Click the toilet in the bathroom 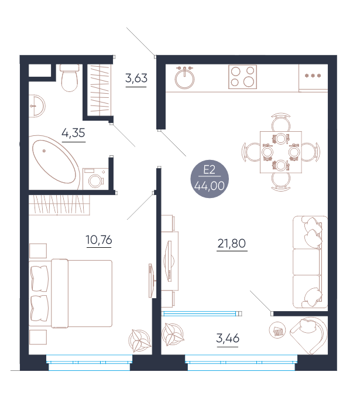69,78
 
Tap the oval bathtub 56,162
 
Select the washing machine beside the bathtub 95,179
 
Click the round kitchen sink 184,77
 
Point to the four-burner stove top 242,77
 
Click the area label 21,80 232,243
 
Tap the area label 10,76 99,240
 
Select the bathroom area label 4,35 73,133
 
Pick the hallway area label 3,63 136,78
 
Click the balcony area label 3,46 228,339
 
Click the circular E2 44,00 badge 210,179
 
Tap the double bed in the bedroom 71,294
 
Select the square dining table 281,152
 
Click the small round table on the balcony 277,330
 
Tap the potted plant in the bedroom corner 140,340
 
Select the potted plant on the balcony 173,335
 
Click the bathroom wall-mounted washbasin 37,106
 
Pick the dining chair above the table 281,122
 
